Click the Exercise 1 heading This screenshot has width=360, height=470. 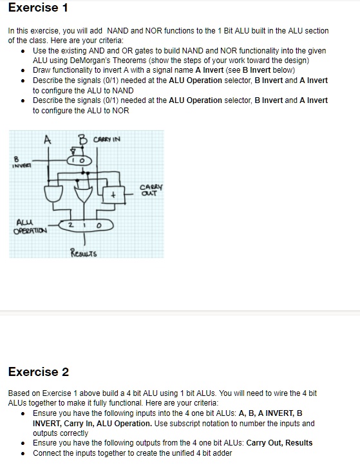pos(38,8)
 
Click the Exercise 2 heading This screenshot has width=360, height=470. pos(38,371)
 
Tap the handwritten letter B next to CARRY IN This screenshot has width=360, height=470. pos(82,139)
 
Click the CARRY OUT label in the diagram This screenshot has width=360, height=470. pos(149,191)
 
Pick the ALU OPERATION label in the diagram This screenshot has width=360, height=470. pos(24,227)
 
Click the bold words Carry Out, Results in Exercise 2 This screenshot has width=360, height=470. pos(279,442)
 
